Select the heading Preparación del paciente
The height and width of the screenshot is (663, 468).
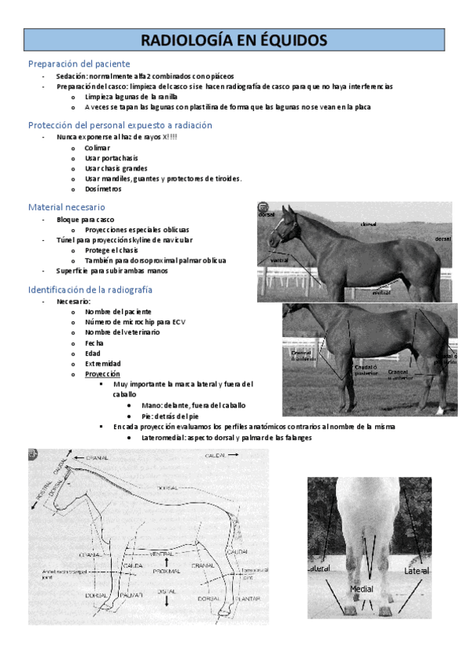pyautogui.click(x=79, y=63)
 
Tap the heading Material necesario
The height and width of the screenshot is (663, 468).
pyautogui.click(x=66, y=207)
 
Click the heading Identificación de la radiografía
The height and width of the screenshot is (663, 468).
pyautogui.click(x=91, y=289)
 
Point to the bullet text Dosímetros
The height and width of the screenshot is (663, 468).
pyautogui.click(x=103, y=189)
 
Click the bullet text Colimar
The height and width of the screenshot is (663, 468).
pyautogui.click(x=98, y=148)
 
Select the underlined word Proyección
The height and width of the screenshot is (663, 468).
pyautogui.click(x=102, y=374)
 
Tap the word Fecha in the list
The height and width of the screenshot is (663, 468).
pyautogui.click(x=95, y=342)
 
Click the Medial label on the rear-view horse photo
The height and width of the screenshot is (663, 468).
pyautogui.click(x=361, y=588)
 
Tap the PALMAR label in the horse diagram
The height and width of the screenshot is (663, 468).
pyautogui.click(x=130, y=596)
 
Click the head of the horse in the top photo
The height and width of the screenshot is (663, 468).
pyautogui.click(x=281, y=223)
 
